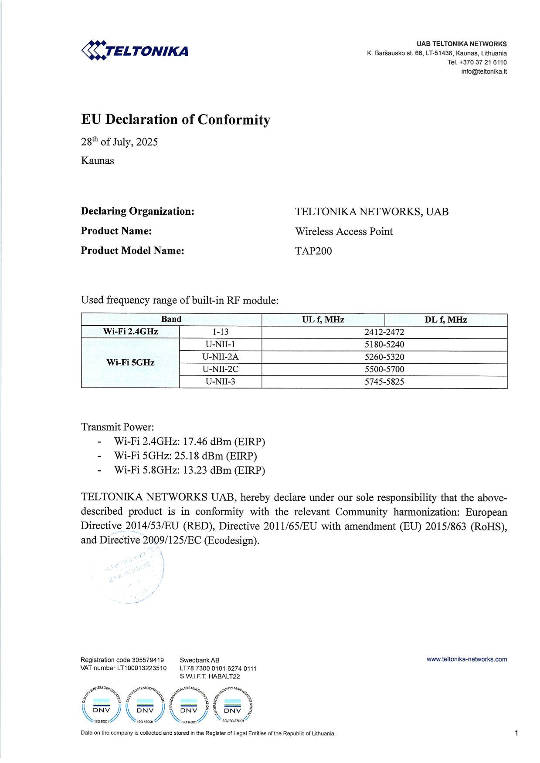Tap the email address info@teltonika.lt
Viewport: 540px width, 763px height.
(484, 72)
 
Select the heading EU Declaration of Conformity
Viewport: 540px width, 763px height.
(176, 120)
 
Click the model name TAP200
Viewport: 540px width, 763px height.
(313, 251)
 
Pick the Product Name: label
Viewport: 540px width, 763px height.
(116, 231)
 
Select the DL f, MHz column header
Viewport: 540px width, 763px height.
(445, 320)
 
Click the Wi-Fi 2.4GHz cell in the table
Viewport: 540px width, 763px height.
(130, 332)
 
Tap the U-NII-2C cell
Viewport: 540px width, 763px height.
(221, 369)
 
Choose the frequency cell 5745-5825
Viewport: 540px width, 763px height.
(384, 382)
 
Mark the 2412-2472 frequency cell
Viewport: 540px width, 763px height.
(384, 332)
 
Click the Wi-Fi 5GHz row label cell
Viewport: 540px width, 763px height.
(130, 363)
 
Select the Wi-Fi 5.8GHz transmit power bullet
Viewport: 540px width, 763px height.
(189, 470)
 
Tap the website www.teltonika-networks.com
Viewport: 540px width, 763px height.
(467, 659)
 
